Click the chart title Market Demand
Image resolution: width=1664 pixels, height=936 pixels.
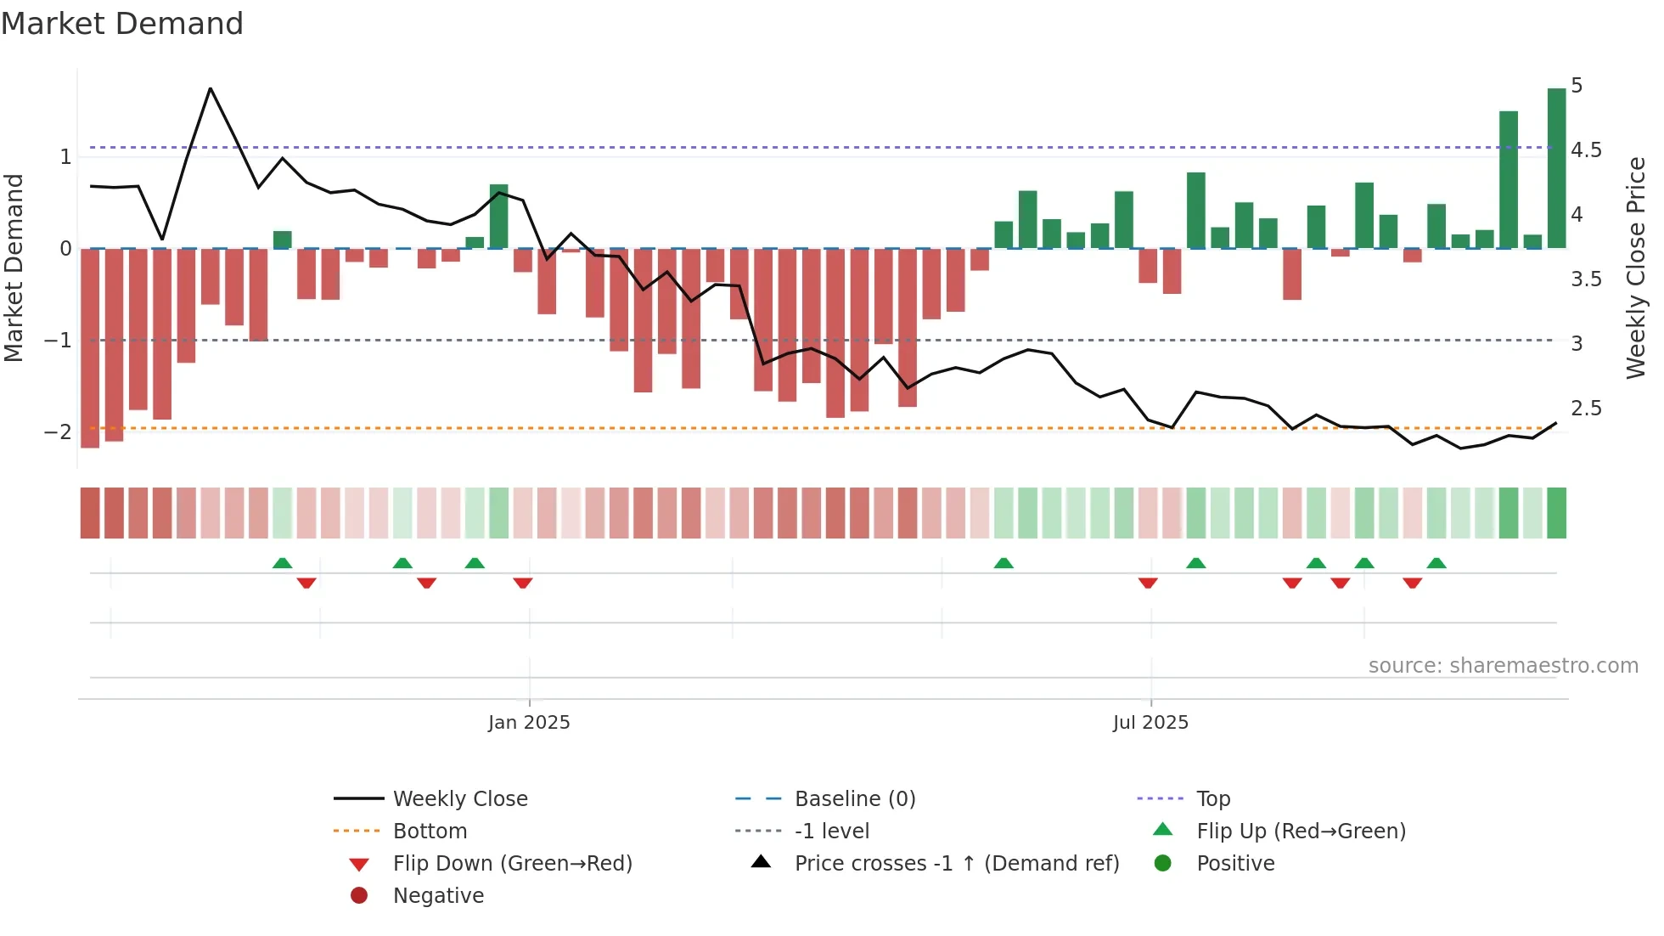(x=122, y=24)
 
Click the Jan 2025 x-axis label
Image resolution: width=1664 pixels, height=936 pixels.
(x=528, y=723)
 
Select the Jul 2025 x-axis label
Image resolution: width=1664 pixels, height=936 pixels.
(x=1150, y=723)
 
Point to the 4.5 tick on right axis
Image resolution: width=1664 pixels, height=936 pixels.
(x=1586, y=150)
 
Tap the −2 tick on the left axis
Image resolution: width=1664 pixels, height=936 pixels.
(x=58, y=432)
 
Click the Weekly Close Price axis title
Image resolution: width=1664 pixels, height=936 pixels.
(x=1636, y=268)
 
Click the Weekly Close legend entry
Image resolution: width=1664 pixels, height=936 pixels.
(x=459, y=799)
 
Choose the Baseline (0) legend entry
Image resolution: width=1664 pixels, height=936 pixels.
(x=854, y=799)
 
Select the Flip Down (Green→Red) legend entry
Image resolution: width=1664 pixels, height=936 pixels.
(x=512, y=864)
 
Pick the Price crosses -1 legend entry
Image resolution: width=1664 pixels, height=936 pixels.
(x=956, y=864)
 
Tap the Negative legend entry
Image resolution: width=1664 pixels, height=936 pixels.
(x=438, y=896)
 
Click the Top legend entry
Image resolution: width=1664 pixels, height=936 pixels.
(x=1212, y=799)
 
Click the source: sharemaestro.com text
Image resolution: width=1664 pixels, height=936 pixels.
(x=1503, y=666)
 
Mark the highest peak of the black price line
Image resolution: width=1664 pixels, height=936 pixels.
(x=211, y=88)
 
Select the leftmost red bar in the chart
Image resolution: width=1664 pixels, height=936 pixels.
(x=90, y=348)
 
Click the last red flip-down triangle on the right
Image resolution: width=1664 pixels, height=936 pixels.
(x=1412, y=583)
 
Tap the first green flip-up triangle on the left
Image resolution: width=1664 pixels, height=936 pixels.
(x=282, y=563)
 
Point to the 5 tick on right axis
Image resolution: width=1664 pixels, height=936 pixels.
(x=1577, y=86)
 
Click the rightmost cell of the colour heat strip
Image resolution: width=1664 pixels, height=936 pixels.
(x=1556, y=513)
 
